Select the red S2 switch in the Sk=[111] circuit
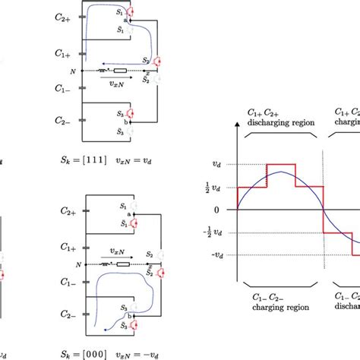point(157,62)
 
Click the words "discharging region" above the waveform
point(280,122)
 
